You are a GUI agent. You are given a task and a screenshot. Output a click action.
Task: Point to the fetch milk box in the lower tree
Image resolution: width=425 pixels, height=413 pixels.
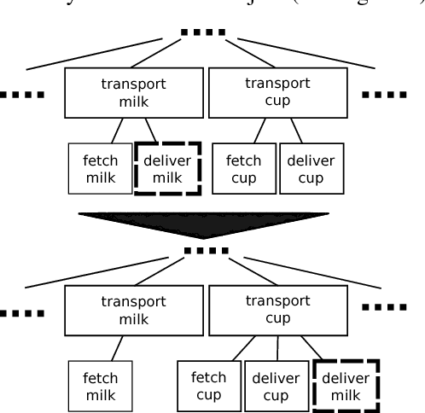pyautogui.click(x=100, y=386)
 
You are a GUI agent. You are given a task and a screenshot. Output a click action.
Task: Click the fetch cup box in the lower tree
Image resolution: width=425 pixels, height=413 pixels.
pyautogui.click(x=208, y=386)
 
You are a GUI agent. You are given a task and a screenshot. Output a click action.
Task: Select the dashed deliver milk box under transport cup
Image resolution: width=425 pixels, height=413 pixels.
pyautogui.click(x=346, y=386)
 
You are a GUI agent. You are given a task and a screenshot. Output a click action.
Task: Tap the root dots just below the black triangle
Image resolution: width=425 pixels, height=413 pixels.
pyautogui.click(x=207, y=250)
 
